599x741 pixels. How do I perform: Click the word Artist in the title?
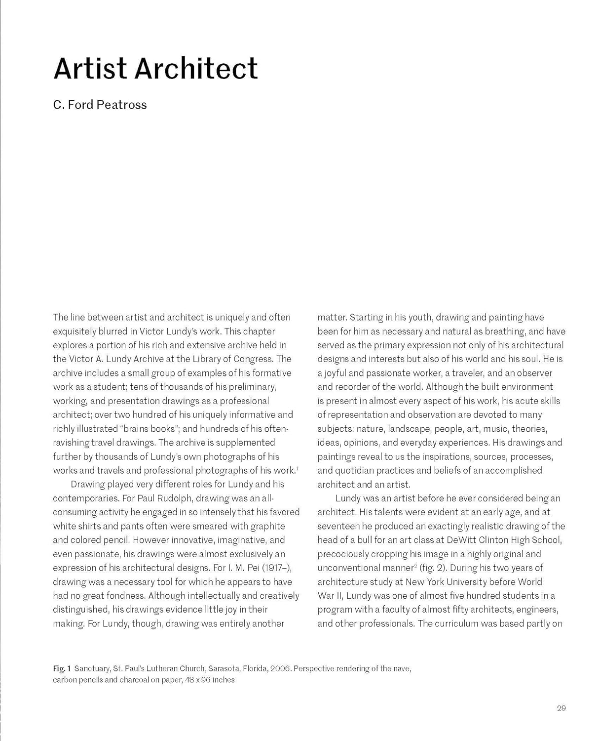[x=90, y=69]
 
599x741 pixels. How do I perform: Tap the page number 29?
[x=561, y=708]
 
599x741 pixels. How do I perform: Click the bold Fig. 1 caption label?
[x=62, y=668]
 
